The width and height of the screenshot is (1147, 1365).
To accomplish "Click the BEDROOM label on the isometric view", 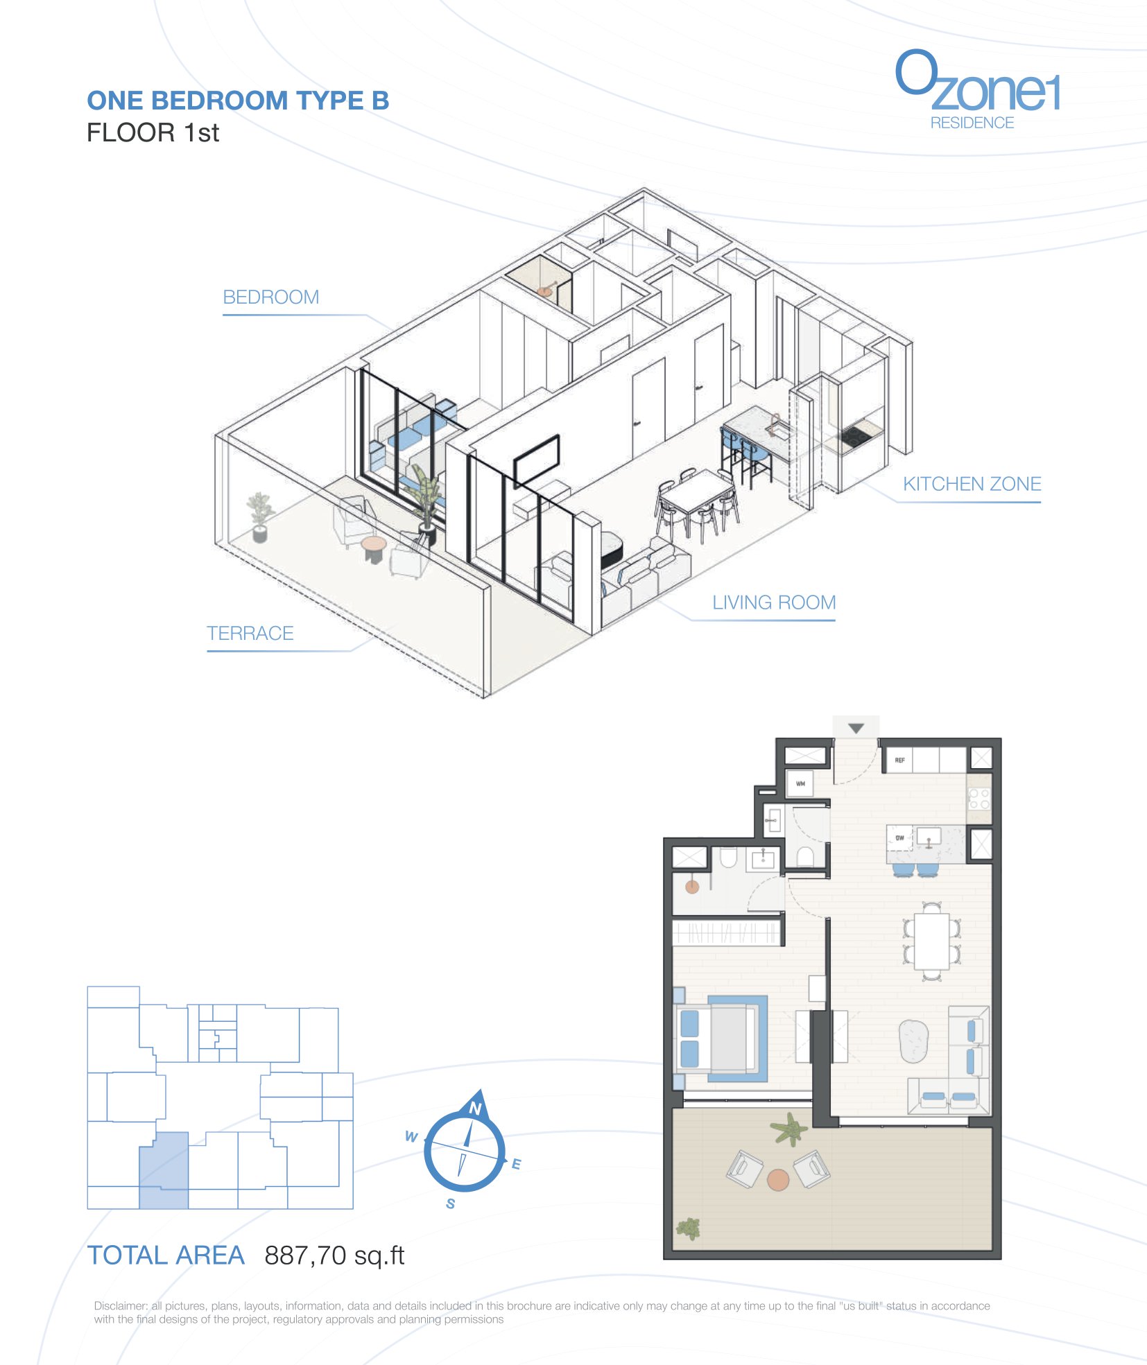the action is pos(270,297).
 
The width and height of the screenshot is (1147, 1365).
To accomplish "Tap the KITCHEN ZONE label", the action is pos(972,484).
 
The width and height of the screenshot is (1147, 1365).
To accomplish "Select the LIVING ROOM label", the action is pos(774,602).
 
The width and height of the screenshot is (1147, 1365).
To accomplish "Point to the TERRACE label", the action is pos(250,633).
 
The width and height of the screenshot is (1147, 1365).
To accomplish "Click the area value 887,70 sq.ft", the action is pos(334,1255).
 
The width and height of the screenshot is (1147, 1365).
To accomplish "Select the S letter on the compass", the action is pos(451,1203).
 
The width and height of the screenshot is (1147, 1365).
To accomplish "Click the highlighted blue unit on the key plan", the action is pos(164,1171).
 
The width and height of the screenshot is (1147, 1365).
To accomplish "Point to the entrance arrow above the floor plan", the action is pos(856,729).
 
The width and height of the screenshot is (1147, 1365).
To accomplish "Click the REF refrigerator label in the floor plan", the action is pos(899,760).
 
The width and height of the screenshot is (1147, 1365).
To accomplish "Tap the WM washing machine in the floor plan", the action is pos(800,784).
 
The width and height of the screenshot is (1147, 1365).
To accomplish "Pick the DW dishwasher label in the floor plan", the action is pos(899,838).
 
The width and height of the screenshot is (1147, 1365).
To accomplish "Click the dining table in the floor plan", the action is pos(931,941).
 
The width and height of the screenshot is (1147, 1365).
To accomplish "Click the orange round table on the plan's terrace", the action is pos(778,1180).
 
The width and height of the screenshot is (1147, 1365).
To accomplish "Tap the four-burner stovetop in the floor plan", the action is pos(979,799).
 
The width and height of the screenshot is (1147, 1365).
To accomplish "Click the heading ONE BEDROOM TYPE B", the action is pos(238,101).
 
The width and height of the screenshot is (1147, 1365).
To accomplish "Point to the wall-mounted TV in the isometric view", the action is pos(536,459).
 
